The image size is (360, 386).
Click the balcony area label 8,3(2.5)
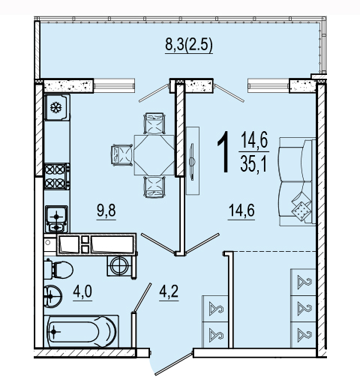189,45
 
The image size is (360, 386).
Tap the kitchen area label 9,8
106,211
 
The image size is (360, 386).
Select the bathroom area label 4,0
82,292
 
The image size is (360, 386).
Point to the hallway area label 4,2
169,292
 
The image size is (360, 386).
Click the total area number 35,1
254,165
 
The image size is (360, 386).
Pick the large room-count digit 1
223,152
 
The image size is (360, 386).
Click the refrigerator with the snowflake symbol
57,107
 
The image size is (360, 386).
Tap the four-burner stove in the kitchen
57,176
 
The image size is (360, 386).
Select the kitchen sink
56,219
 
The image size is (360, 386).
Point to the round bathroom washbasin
52,297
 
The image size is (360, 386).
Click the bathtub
81,331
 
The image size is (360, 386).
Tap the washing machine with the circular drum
120,266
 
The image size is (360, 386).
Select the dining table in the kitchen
154,155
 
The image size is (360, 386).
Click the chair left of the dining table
122,155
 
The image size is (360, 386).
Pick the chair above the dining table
154,124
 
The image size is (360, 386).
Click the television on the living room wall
192,161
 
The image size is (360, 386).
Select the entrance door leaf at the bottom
174,364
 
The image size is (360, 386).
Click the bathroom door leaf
142,298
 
